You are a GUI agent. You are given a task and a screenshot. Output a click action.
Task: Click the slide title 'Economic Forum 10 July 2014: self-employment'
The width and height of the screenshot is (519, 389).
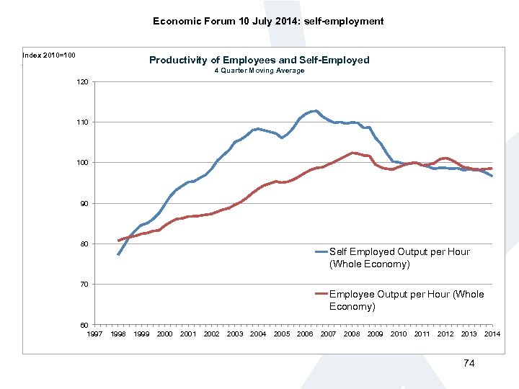click(x=268, y=21)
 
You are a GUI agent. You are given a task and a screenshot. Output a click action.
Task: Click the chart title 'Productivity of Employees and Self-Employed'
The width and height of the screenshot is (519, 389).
click(x=259, y=60)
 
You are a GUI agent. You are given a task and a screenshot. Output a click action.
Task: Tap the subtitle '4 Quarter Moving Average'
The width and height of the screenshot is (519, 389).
click(x=259, y=71)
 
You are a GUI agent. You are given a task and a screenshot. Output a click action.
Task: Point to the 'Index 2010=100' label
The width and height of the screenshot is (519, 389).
click(x=49, y=55)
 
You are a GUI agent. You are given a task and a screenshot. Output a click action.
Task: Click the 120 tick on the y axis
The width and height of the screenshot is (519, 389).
click(x=81, y=82)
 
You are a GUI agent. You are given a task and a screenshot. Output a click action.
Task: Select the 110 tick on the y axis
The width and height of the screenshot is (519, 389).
click(x=81, y=122)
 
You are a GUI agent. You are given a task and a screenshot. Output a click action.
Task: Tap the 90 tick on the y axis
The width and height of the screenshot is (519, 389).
click(x=81, y=204)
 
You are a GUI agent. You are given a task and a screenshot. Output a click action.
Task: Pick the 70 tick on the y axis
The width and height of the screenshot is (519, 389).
click(x=81, y=285)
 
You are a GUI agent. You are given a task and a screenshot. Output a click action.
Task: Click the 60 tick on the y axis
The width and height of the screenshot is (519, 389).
click(x=81, y=326)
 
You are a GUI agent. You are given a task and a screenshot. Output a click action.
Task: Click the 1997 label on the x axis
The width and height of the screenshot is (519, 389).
click(x=94, y=334)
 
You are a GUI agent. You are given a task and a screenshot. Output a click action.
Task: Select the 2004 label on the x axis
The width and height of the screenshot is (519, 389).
click(x=258, y=334)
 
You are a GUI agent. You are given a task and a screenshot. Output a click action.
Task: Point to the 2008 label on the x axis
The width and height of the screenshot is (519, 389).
click(x=352, y=334)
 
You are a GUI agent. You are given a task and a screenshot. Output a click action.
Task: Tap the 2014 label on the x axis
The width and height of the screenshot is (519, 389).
click(x=492, y=334)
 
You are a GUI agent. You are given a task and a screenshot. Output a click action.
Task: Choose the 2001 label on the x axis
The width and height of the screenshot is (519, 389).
click(x=188, y=334)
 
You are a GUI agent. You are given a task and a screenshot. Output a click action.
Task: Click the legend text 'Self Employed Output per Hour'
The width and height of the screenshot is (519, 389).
click(x=399, y=251)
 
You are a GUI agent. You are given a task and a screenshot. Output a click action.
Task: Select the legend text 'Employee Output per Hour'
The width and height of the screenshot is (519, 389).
click(x=407, y=294)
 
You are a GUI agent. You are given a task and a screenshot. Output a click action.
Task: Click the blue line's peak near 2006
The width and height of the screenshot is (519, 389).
click(x=316, y=111)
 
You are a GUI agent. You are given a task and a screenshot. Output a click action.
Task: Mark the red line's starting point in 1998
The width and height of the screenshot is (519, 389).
click(x=118, y=241)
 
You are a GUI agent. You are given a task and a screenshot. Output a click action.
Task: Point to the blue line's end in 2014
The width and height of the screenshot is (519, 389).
click(x=492, y=176)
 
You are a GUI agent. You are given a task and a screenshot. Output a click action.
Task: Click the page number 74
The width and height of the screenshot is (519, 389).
click(x=469, y=363)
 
